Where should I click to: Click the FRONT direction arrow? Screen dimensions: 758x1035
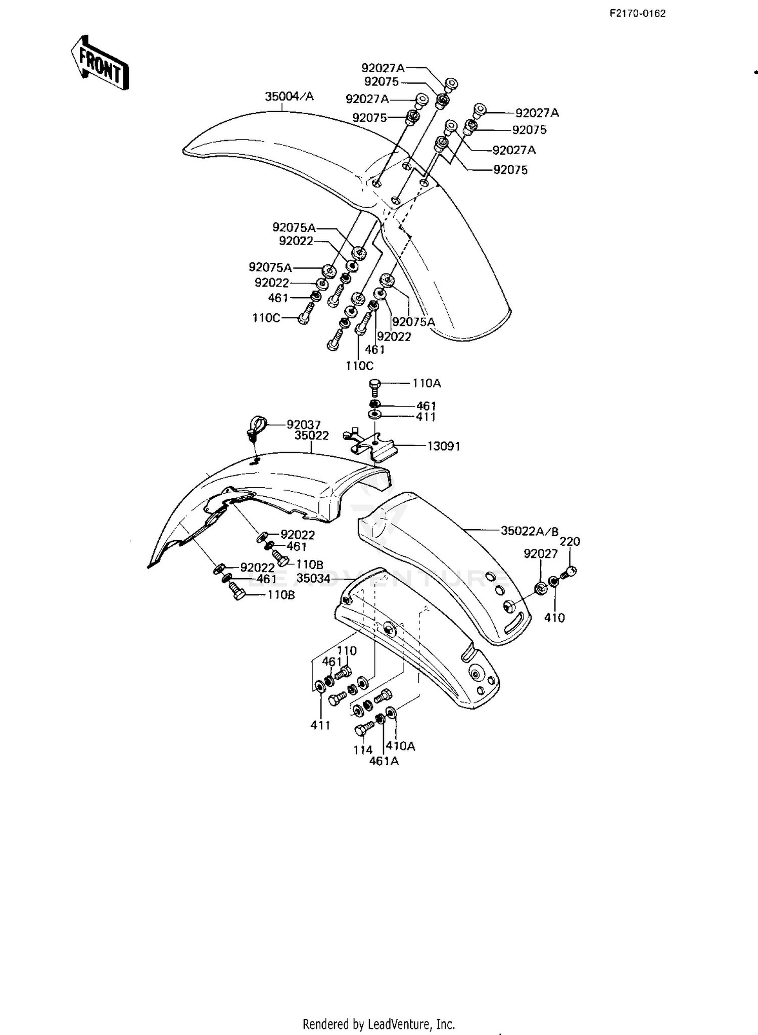click(99, 63)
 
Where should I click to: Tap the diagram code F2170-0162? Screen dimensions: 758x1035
click(637, 14)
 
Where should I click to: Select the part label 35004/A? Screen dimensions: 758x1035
click(290, 97)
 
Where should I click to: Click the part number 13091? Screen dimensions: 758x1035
click(444, 446)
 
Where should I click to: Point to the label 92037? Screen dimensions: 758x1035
click(304, 425)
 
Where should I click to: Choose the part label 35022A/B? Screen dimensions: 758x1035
click(530, 531)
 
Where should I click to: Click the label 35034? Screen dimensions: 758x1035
click(313, 578)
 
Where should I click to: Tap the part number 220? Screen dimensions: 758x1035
click(570, 541)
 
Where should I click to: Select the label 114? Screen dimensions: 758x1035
click(363, 750)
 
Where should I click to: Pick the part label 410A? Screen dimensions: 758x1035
click(400, 746)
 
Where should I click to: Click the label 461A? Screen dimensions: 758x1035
click(384, 761)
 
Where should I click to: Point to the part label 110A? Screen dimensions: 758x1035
click(427, 384)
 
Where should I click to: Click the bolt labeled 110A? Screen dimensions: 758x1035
click(374, 388)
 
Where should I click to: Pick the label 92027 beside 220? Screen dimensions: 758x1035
click(541, 554)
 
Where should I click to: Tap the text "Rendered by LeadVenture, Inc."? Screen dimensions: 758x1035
click(379, 1024)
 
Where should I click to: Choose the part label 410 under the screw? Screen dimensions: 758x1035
click(554, 618)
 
